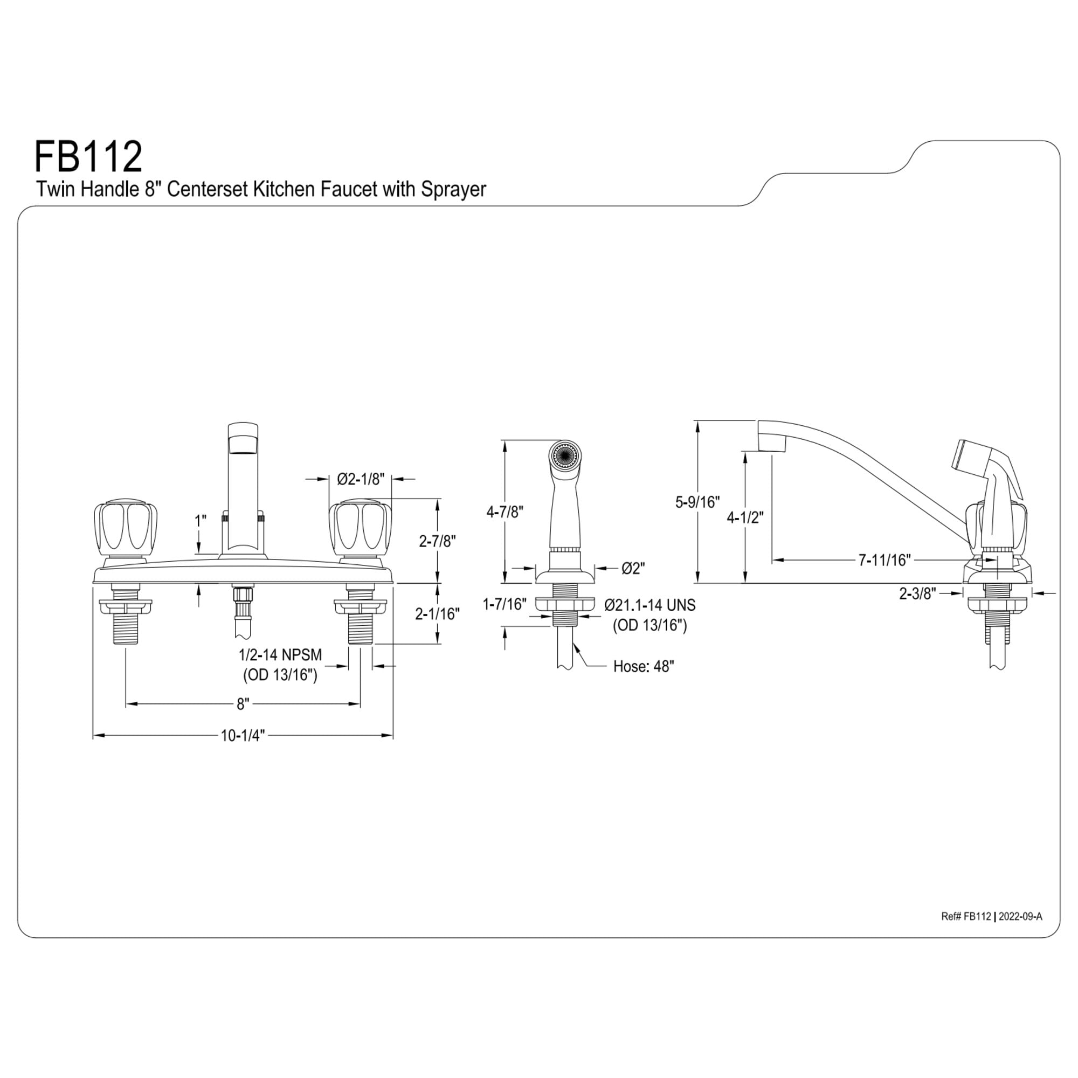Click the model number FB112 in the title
[x=88, y=157]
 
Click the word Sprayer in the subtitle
[x=453, y=190]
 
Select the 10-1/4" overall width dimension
[x=242, y=736]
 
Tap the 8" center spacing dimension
[x=242, y=704]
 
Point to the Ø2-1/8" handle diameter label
[x=361, y=479]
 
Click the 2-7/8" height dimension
[x=438, y=541]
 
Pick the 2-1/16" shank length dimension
[x=438, y=614]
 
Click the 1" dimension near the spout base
[x=200, y=521]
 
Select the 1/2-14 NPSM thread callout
[x=280, y=654]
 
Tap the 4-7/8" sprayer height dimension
[x=505, y=512]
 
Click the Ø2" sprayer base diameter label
[x=633, y=568]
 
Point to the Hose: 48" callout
[x=644, y=666]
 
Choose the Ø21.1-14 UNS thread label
[x=649, y=604]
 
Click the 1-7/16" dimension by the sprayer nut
[x=505, y=604]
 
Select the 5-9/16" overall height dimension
[x=697, y=502]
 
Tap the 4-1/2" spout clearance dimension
[x=745, y=518]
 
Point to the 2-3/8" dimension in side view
[x=917, y=593]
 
